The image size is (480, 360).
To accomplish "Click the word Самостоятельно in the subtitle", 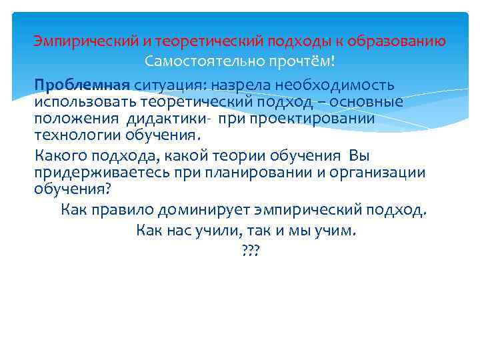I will (x=191, y=61).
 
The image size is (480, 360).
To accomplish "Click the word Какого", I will (x=60, y=156).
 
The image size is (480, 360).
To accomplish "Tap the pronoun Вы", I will (x=359, y=156).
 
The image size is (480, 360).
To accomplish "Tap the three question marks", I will (x=250, y=251).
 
